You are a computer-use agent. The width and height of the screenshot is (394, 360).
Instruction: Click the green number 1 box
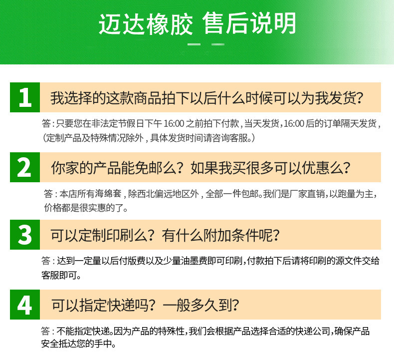pyautogui.click(x=24, y=97)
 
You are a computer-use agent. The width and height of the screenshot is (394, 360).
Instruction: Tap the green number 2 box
pyautogui.click(x=24, y=167)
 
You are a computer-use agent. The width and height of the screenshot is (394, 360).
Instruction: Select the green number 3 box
pyautogui.click(x=24, y=235)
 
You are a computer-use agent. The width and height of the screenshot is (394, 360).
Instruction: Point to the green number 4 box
pyautogui.click(x=24, y=305)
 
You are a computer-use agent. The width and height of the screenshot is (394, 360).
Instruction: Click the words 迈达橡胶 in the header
pyautogui.click(x=145, y=24)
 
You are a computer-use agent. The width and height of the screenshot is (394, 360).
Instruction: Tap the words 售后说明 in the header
pyautogui.click(x=250, y=24)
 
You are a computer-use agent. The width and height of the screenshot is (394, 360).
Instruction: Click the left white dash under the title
pyautogui.click(x=193, y=44)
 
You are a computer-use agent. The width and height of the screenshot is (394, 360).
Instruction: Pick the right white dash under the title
pyautogui.click(x=217, y=44)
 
